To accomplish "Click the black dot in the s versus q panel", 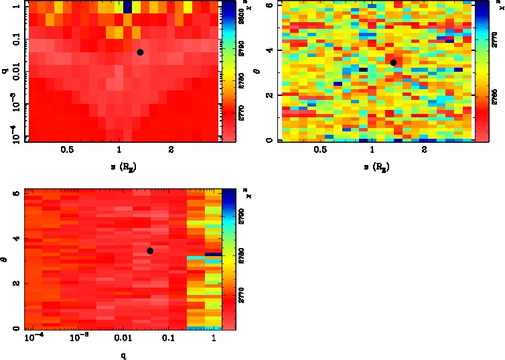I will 140,52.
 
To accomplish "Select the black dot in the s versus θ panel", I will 393,62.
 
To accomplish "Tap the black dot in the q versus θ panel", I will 150,251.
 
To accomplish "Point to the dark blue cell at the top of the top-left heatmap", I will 127,7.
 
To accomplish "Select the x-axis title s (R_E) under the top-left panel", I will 120,166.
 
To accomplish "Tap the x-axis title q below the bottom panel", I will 124,356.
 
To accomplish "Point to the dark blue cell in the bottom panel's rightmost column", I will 213,254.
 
